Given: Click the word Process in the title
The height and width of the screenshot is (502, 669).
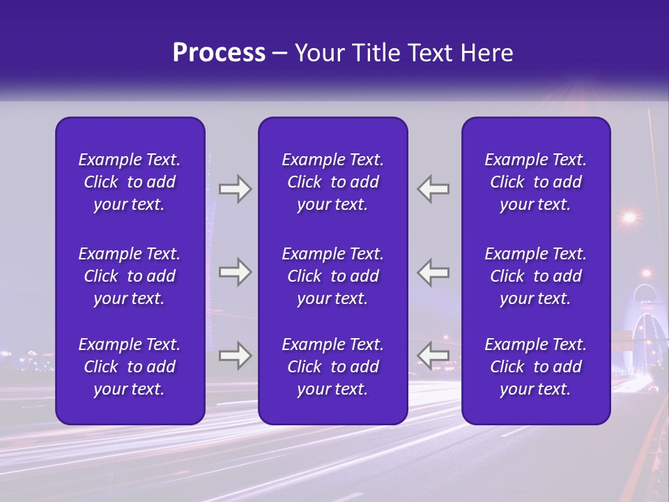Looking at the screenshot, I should point(219,53).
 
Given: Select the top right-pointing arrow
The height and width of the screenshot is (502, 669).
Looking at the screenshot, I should point(235,189).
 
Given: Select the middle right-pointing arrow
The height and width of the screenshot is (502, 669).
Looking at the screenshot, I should point(235,272).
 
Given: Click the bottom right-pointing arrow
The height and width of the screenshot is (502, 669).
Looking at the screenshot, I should point(235,356).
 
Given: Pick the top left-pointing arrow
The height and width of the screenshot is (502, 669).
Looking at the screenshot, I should point(433,189).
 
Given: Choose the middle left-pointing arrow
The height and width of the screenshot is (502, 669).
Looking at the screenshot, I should point(433,272).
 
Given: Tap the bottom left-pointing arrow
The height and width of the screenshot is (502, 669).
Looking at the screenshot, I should point(433,356).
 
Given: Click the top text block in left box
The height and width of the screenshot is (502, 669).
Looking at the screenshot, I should point(130,182).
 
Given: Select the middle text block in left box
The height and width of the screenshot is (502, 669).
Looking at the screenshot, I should point(130,276).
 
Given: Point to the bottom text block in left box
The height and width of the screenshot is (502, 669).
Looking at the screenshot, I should point(130,367).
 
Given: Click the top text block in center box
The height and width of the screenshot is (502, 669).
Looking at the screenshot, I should point(332,182).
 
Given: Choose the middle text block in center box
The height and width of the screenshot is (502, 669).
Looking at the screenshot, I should point(332,276).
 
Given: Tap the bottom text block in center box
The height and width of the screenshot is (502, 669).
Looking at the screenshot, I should point(332,367).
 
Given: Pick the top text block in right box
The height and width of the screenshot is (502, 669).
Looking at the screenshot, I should point(535,182).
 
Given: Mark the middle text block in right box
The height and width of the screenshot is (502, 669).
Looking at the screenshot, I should point(535,276).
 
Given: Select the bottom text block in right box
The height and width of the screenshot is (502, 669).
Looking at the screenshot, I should point(535,367).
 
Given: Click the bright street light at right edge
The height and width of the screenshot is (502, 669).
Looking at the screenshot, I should point(629,218).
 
